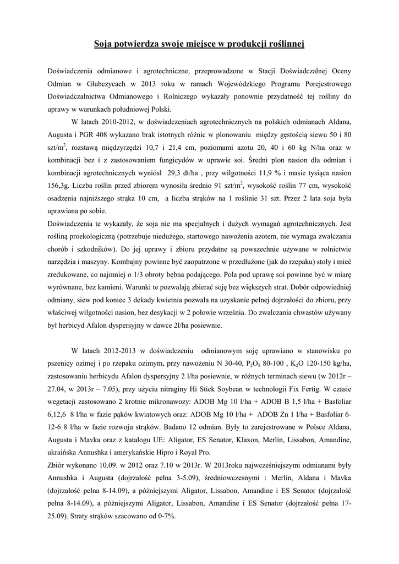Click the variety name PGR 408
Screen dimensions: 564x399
107,134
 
